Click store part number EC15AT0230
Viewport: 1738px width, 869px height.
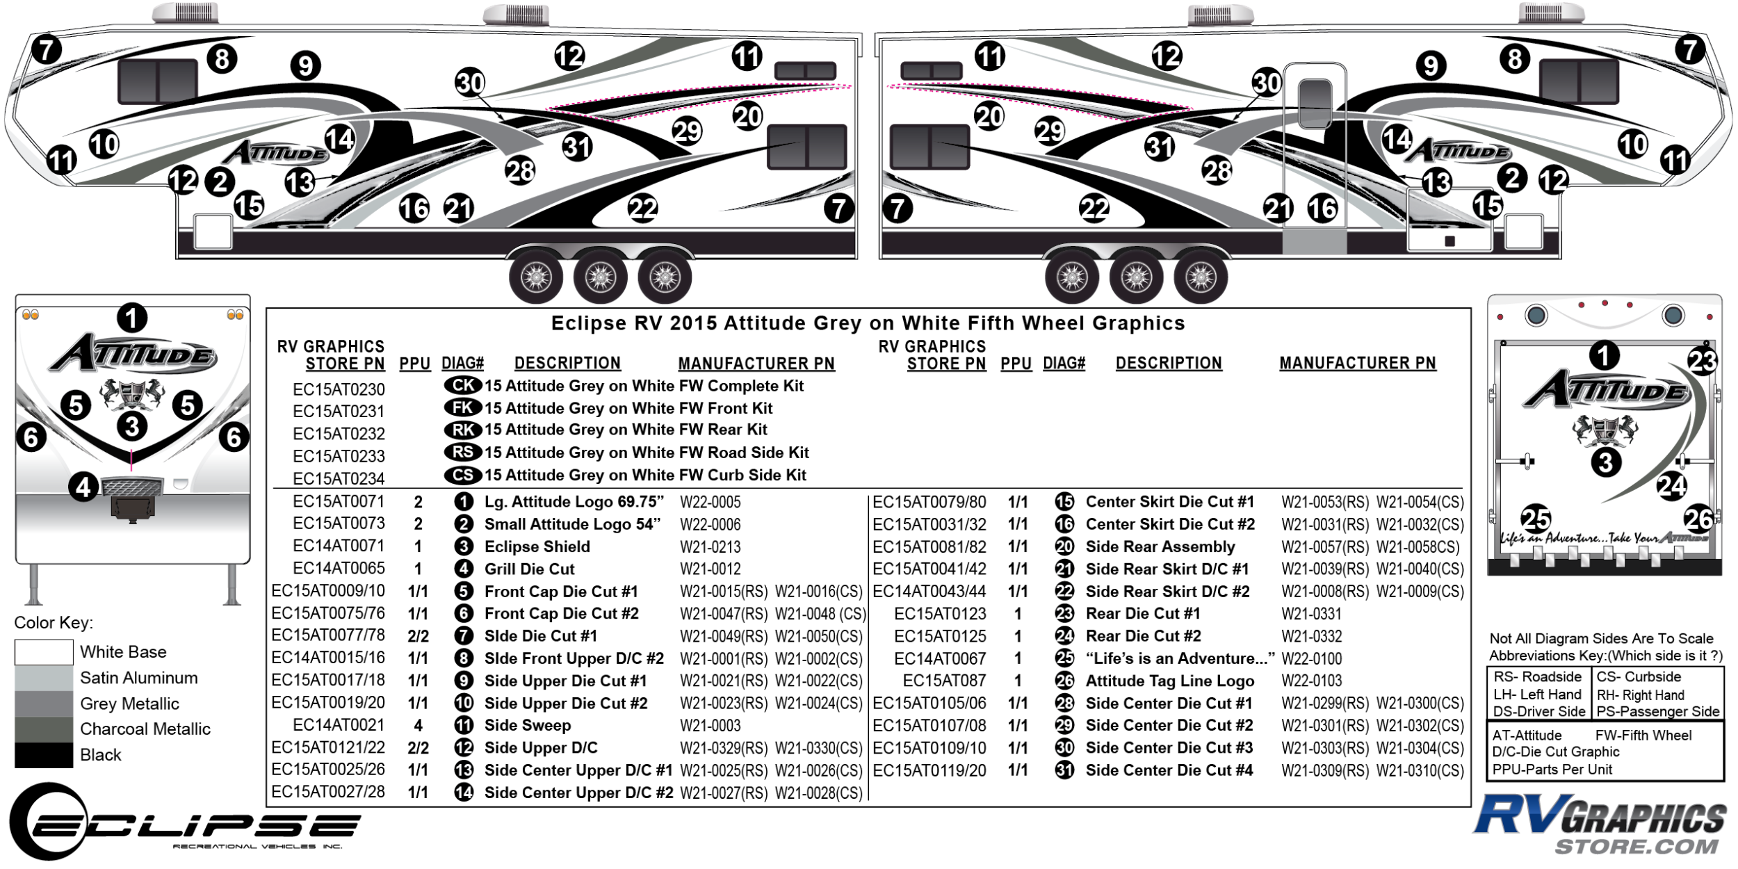point(339,389)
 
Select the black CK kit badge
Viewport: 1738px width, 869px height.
point(463,385)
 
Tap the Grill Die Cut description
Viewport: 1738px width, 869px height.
point(529,569)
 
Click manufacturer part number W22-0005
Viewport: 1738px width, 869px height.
point(710,502)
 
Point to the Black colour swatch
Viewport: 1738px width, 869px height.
point(44,754)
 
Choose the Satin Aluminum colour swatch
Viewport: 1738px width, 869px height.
point(44,678)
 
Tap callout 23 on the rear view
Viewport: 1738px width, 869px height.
point(1702,361)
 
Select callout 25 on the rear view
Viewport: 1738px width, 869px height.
point(1536,519)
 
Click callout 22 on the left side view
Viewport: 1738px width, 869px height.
point(642,208)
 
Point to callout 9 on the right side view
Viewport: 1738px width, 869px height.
point(1431,65)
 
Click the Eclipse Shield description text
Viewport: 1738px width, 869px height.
point(537,547)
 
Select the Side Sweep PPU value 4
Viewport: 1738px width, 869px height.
point(419,726)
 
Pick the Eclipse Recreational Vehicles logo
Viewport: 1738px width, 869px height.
point(185,822)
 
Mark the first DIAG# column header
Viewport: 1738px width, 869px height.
point(462,364)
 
